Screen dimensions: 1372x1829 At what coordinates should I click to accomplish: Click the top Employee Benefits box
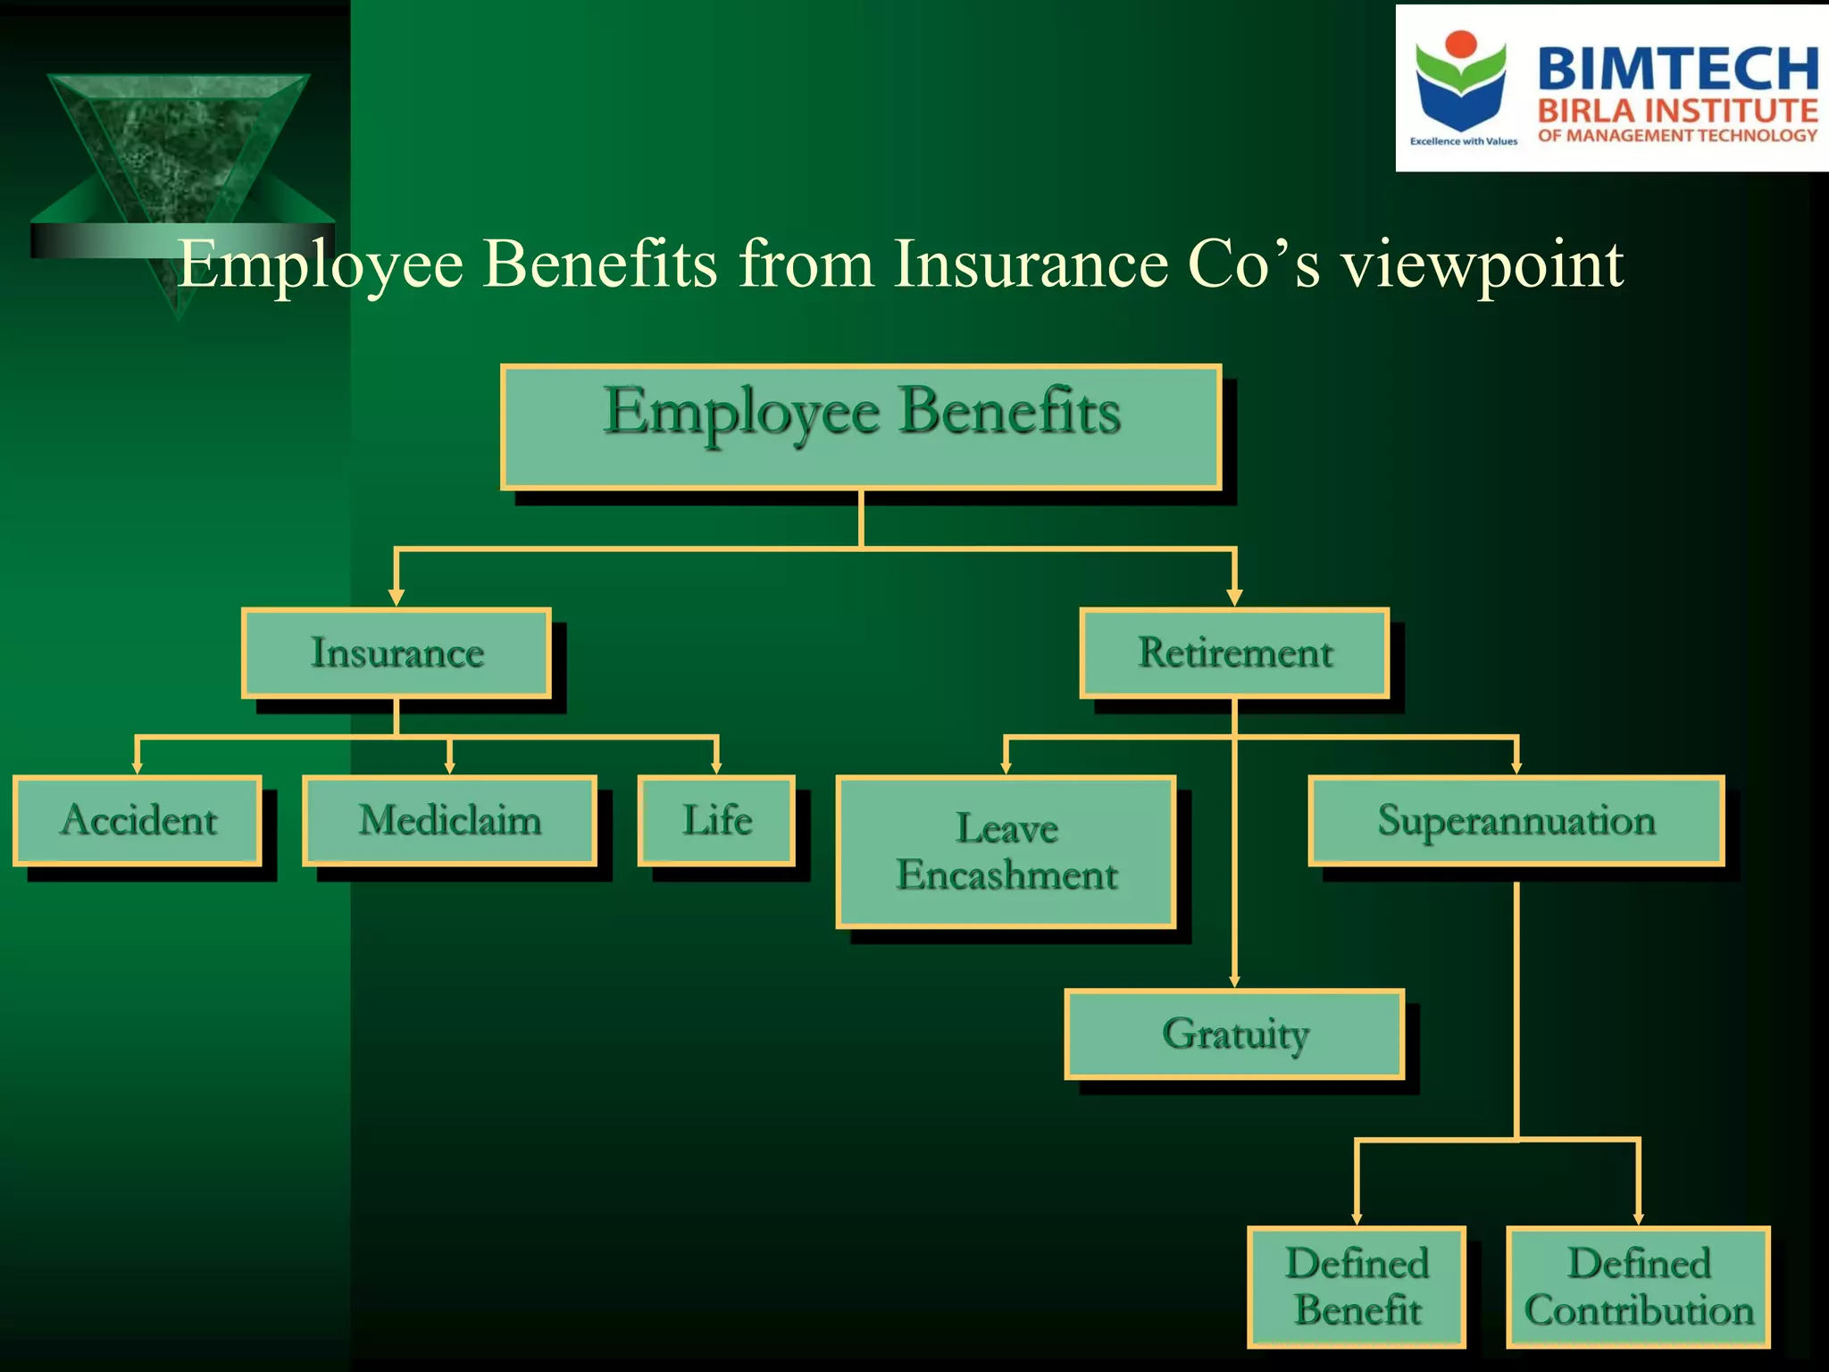861,427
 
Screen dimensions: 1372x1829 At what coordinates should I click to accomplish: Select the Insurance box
397,653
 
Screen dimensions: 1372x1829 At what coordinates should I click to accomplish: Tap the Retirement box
1234,653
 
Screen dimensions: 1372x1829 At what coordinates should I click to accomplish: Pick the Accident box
138,820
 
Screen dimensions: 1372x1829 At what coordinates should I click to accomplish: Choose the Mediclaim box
449,820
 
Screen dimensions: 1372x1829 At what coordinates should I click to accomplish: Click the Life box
716,820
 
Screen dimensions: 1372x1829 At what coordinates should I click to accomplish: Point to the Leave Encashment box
1006,852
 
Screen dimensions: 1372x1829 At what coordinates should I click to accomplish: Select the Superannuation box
1516,820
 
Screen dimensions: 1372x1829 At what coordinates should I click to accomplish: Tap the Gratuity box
1234,1033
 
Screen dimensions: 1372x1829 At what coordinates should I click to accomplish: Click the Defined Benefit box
1357,1287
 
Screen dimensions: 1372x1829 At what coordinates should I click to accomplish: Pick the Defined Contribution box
1638,1287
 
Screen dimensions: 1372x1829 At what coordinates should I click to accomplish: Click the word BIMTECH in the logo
1677,69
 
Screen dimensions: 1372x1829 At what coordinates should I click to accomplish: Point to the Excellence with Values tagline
1463,141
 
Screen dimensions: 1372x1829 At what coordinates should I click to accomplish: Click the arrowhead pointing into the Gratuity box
1234,981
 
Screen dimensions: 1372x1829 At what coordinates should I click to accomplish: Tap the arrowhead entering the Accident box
137,767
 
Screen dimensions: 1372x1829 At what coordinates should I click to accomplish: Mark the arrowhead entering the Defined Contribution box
1638,1218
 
